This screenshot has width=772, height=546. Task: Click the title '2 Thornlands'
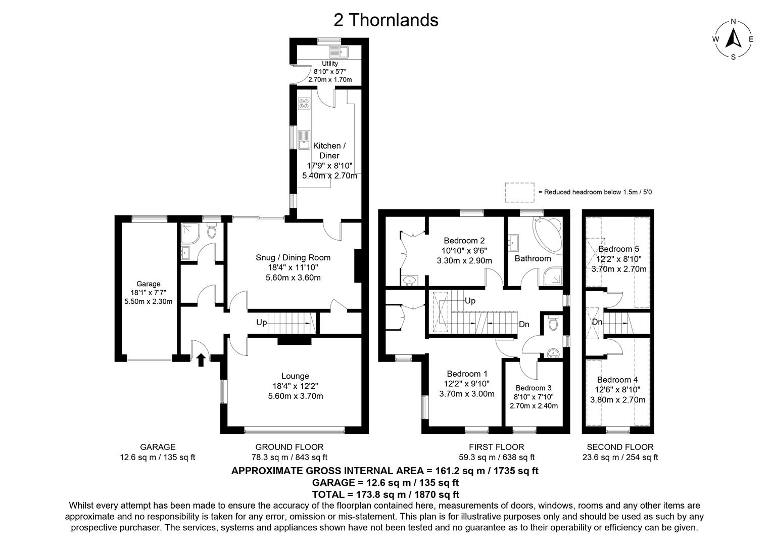[385, 20]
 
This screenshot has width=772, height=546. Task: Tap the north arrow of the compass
[733, 38]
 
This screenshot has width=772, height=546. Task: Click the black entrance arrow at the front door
[201, 359]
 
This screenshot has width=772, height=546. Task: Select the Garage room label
[148, 284]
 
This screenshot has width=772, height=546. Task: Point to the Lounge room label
[295, 376]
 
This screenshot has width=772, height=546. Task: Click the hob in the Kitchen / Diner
[304, 104]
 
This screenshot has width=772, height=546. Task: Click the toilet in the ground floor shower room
[212, 232]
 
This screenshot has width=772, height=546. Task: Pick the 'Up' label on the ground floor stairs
[261, 323]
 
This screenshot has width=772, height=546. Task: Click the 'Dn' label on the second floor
[597, 322]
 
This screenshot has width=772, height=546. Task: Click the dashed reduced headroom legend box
[519, 192]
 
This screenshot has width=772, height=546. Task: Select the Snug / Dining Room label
[293, 258]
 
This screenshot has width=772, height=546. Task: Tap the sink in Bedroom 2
[409, 280]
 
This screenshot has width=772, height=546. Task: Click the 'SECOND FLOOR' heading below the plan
[620, 447]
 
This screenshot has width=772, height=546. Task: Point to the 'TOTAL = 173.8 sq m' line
[385, 494]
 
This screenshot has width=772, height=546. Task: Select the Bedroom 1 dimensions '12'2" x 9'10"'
[467, 384]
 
